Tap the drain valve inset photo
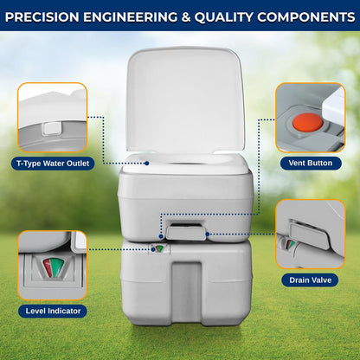pos(310,235)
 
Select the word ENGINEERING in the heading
pos(138,16)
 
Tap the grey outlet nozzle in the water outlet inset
pos(49,127)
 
